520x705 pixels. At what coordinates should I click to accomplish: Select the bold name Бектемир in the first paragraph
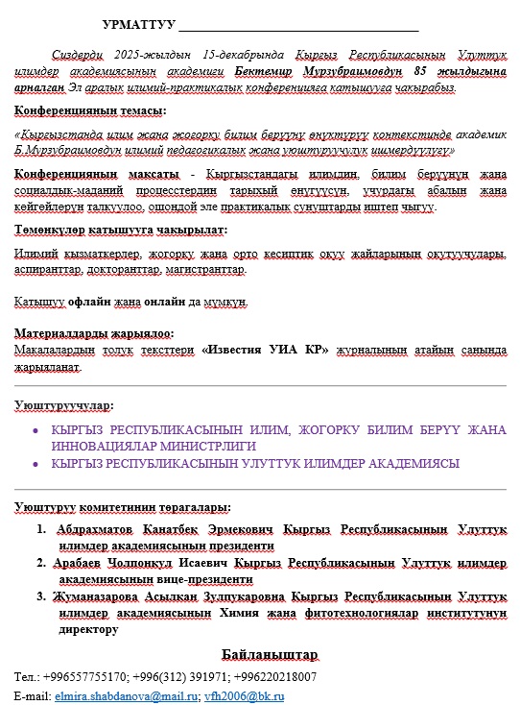click(259, 71)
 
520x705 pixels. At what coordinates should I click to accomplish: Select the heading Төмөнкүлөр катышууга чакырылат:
click(120, 231)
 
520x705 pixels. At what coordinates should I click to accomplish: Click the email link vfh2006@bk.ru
click(244, 694)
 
